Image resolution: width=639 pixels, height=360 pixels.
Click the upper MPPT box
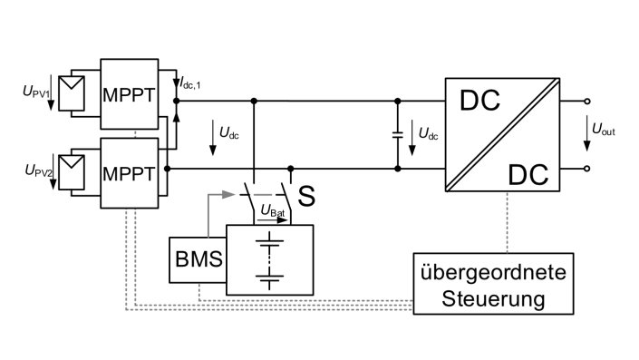[129, 93]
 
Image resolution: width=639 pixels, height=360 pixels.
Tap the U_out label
[604, 131]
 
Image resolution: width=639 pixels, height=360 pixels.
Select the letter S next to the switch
[306, 196]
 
